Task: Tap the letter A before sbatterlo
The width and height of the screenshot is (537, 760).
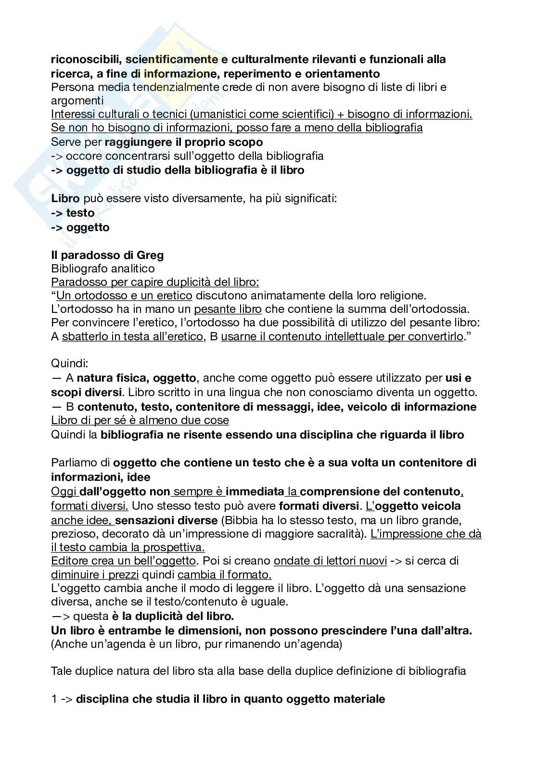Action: [x=55, y=336]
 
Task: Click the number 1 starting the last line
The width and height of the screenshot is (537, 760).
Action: [x=54, y=699]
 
